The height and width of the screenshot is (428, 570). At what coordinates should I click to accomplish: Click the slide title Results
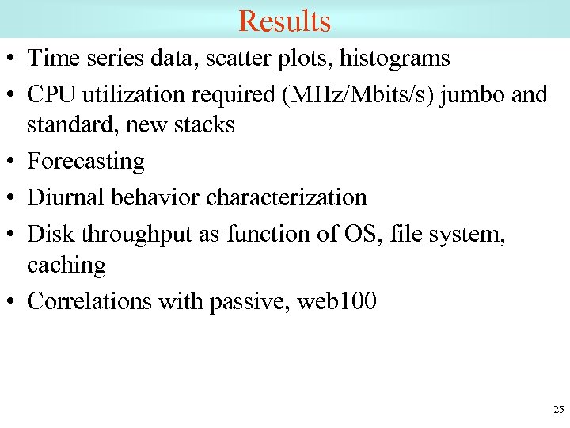(284, 21)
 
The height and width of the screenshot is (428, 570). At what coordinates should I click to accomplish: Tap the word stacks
(204, 124)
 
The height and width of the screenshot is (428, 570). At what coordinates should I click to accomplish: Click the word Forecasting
(85, 162)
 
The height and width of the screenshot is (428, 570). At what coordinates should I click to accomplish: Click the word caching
(66, 266)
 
